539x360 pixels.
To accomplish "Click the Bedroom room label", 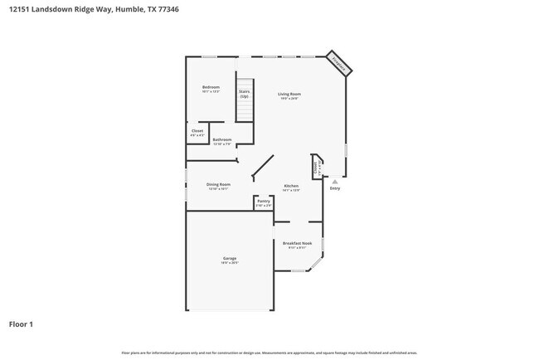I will tap(211, 87).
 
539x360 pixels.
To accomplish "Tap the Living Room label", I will tap(289, 94).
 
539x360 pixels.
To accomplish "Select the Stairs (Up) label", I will tap(245, 95).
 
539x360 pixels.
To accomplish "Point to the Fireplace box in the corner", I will tap(338, 62).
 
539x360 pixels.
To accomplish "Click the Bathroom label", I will tap(221, 139).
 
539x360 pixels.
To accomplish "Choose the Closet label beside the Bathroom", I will tap(197, 130).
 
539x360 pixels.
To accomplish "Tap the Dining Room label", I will tap(219, 183).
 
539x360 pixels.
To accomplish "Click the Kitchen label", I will tap(291, 185).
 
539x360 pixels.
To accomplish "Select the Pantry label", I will tap(264, 201).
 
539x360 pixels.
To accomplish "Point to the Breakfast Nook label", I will tap(296, 242).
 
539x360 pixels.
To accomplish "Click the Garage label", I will tap(229, 258).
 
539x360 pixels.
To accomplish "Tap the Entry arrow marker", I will tap(335, 180).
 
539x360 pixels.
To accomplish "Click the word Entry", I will tap(335, 188).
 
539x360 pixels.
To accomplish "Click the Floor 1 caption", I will tap(21, 324).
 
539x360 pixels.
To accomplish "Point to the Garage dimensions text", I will tap(229, 263).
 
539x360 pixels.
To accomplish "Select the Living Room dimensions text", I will tap(289, 99).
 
